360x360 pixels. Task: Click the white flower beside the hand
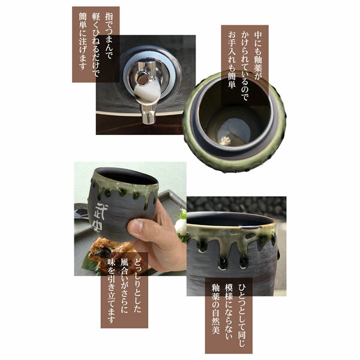[x=181, y=226]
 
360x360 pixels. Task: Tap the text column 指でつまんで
[x=109, y=36]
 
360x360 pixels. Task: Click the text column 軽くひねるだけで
[x=96, y=45]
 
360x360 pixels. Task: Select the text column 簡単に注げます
[x=83, y=41]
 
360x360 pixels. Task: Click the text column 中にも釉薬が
[x=258, y=55]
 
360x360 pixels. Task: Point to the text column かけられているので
[x=245, y=66]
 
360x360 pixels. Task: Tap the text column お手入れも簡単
[x=232, y=60]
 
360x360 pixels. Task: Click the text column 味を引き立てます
[x=112, y=291]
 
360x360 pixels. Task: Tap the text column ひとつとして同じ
[x=242, y=315]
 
